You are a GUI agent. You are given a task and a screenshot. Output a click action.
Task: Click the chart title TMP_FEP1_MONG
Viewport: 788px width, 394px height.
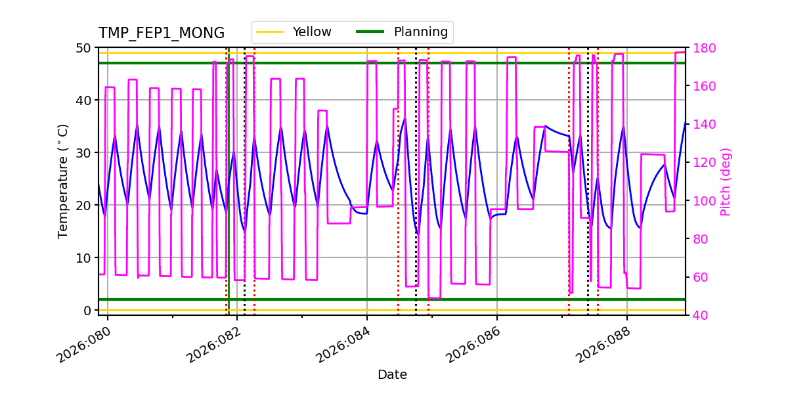161,33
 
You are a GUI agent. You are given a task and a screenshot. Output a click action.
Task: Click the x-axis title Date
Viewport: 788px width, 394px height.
392,375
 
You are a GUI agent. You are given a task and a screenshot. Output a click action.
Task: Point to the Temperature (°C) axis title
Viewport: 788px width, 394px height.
63,181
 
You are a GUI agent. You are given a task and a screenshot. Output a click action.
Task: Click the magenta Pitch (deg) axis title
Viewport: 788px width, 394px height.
726,181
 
